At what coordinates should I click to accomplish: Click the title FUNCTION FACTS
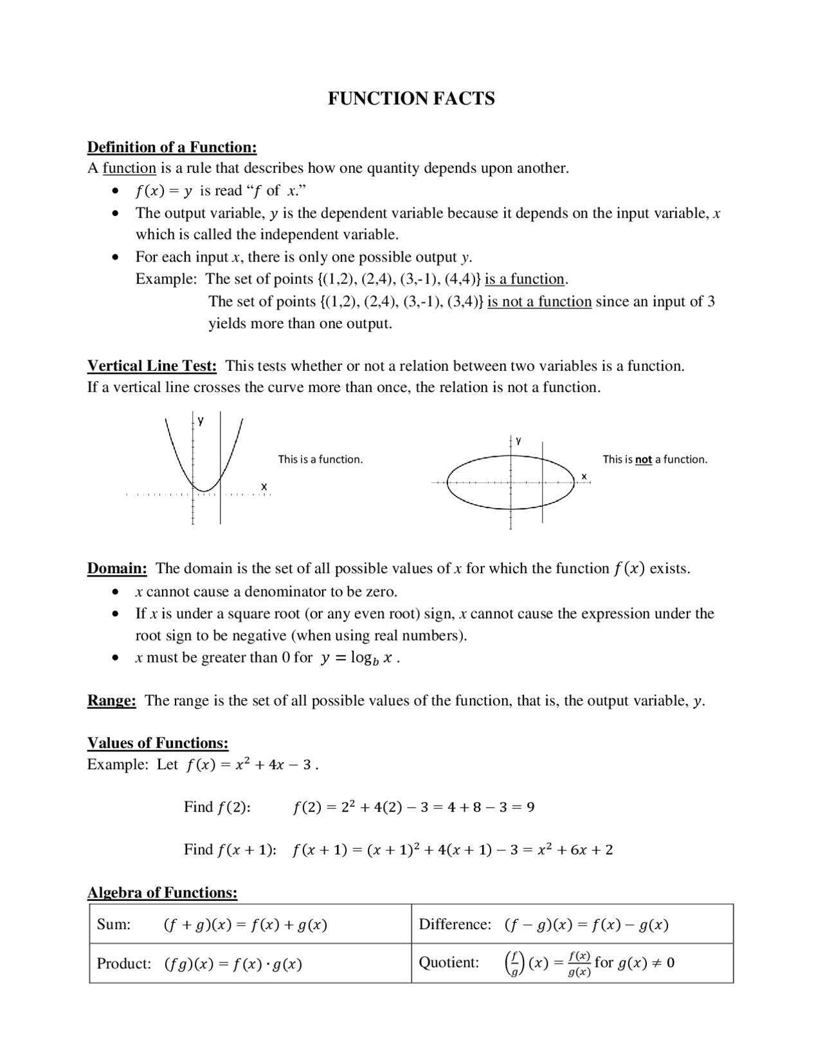(411, 98)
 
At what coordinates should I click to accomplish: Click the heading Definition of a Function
(172, 147)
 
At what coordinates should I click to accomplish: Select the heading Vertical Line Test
(152, 366)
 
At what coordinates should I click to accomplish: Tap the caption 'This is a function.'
(320, 459)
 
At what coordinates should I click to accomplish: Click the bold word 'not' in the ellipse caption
(643, 459)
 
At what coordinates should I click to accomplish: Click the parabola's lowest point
(204, 491)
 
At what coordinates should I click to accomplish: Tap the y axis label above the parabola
(201, 421)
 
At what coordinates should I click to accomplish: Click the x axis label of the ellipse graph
(584, 476)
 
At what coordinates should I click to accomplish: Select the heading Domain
(117, 569)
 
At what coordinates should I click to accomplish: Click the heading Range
(111, 700)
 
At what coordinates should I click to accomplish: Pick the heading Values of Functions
(158, 743)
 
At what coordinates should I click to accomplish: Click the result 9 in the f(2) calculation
(530, 807)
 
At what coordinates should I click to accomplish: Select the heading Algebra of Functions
(162, 892)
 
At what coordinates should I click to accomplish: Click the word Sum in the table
(113, 925)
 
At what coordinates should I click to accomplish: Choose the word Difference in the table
(455, 925)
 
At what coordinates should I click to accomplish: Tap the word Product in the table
(123, 964)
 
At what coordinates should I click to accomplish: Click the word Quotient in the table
(449, 962)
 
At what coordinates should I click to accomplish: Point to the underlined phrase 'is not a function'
(539, 302)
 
